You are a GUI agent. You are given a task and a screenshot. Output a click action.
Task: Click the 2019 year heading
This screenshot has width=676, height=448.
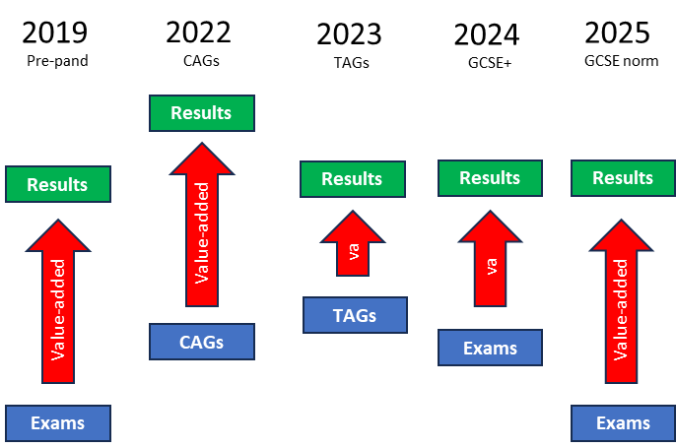pyautogui.click(x=55, y=32)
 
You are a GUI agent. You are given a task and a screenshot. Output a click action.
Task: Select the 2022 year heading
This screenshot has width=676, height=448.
pyautogui.click(x=198, y=32)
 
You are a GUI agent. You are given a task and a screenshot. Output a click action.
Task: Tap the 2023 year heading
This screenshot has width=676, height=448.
pyautogui.click(x=349, y=34)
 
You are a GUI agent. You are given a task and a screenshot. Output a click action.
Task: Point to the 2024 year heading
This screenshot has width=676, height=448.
pyautogui.click(x=487, y=34)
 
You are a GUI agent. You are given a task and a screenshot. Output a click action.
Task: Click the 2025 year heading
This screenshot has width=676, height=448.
pyautogui.click(x=617, y=32)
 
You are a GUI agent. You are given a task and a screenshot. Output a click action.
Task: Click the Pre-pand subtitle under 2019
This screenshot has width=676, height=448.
pyautogui.click(x=57, y=61)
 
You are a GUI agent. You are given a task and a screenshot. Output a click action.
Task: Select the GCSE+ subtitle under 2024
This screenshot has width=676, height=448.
pyautogui.click(x=490, y=63)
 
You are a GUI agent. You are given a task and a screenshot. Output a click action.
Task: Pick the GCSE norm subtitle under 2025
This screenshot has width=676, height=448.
pyautogui.click(x=621, y=61)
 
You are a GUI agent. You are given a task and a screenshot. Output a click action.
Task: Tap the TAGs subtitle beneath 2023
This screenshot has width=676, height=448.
pyautogui.click(x=352, y=63)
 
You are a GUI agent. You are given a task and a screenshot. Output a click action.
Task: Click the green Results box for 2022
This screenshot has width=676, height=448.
pyautogui.click(x=202, y=113)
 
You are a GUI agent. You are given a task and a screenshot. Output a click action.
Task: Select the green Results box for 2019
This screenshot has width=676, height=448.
pyautogui.click(x=58, y=184)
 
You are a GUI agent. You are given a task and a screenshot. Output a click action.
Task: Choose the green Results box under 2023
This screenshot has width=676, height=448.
pyautogui.click(x=353, y=179)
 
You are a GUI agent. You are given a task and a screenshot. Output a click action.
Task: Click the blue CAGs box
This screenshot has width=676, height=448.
pyautogui.click(x=202, y=342)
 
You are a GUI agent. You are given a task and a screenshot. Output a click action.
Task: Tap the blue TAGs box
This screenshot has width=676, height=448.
pyautogui.click(x=355, y=315)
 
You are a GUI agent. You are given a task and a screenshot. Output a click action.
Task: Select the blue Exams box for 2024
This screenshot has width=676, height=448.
pyautogui.click(x=490, y=348)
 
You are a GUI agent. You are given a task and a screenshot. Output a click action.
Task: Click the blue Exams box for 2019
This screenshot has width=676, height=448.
pyautogui.click(x=58, y=423)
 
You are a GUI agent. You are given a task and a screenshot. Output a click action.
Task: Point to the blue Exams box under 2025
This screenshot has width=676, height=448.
pyautogui.click(x=624, y=423)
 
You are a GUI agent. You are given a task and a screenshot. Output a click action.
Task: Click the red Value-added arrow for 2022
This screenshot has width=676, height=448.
pyautogui.click(x=202, y=224)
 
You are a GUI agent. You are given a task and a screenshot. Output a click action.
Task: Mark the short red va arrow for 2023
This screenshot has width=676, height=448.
pyautogui.click(x=353, y=243)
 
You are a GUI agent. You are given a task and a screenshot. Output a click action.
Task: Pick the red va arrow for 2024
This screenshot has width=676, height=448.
pyautogui.click(x=490, y=258)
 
